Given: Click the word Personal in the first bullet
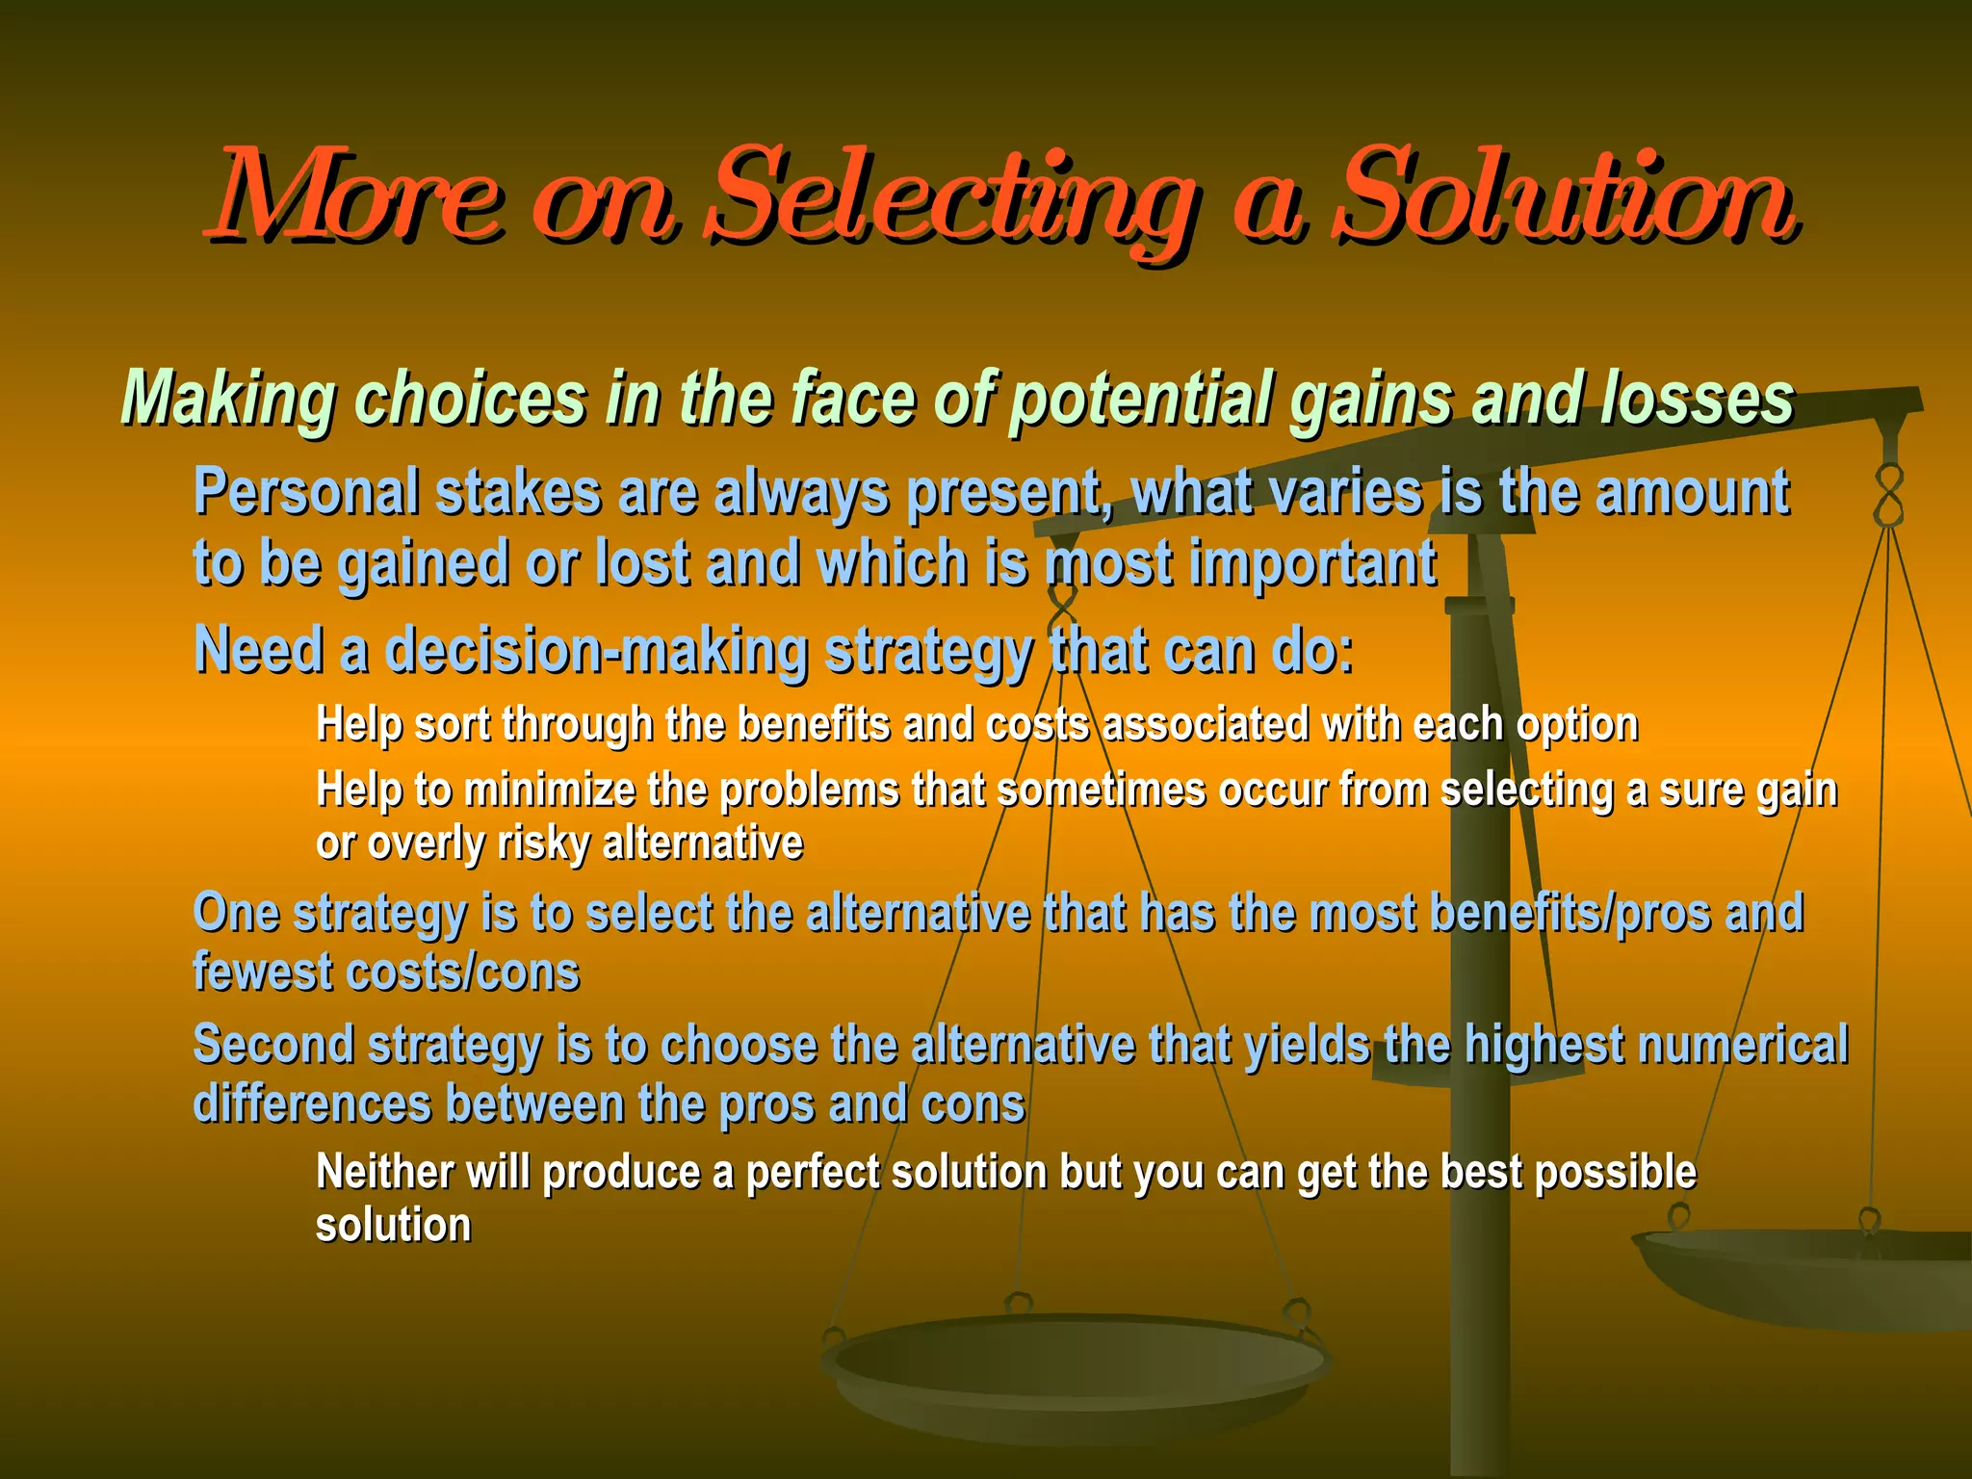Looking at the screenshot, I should (305, 493).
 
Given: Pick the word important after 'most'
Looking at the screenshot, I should (1313, 563).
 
